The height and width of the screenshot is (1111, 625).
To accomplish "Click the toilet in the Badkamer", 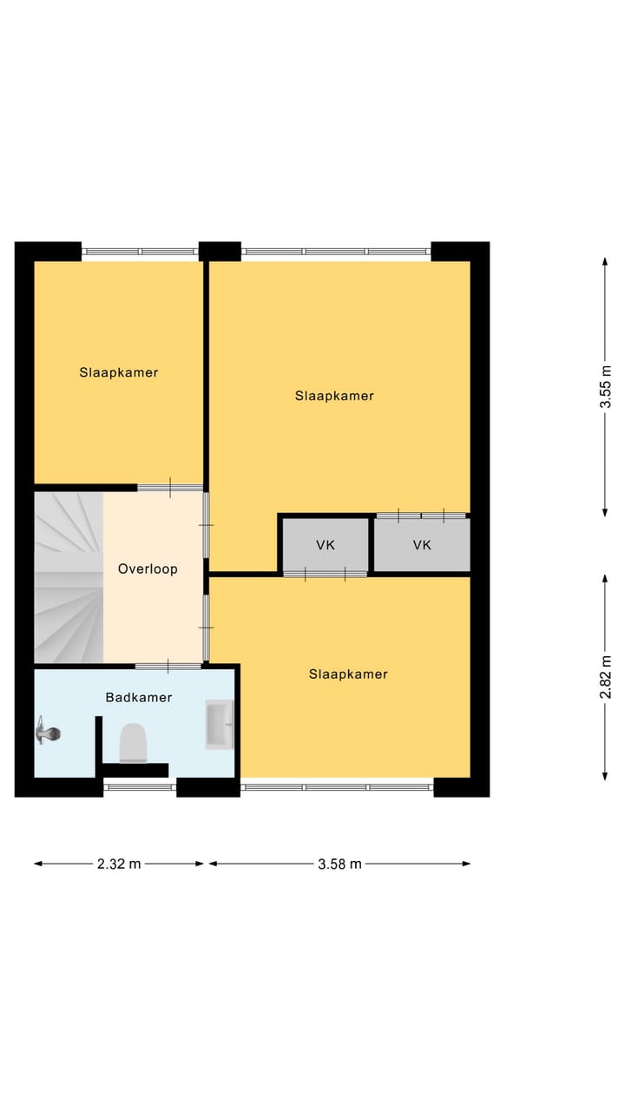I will coord(134,743).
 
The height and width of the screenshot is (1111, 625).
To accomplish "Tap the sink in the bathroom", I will coord(219,725).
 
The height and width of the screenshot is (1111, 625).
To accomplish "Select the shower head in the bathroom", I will coord(48,734).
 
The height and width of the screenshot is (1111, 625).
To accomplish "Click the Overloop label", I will coord(148,569).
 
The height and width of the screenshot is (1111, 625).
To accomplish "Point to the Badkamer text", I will coord(139,697).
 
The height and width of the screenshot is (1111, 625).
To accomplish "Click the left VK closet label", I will coord(326,545).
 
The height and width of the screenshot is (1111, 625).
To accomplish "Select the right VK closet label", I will coord(422,545).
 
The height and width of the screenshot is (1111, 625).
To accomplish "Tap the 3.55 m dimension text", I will coord(606,386).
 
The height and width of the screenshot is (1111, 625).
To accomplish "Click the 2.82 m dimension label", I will coord(606,677).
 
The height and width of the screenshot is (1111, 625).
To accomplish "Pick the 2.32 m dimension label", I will coord(119,864).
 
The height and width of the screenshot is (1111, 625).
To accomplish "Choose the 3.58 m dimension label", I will coord(340,864).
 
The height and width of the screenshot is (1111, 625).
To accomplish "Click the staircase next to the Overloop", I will coord(68,577).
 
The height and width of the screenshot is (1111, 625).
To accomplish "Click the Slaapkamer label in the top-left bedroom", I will coord(119,372).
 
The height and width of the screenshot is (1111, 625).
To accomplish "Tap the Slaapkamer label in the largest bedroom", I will coord(334,396).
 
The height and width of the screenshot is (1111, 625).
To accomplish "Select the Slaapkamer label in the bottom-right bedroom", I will coord(348,674).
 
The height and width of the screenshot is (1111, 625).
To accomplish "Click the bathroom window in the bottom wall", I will coord(140,787).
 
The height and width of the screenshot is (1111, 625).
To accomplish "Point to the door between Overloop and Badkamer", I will coord(168,666).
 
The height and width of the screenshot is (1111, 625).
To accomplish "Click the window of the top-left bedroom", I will coord(140,252).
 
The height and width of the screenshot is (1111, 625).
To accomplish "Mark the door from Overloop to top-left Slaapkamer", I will coord(170,488).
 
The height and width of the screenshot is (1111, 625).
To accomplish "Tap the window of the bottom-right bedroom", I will coord(337,787).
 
